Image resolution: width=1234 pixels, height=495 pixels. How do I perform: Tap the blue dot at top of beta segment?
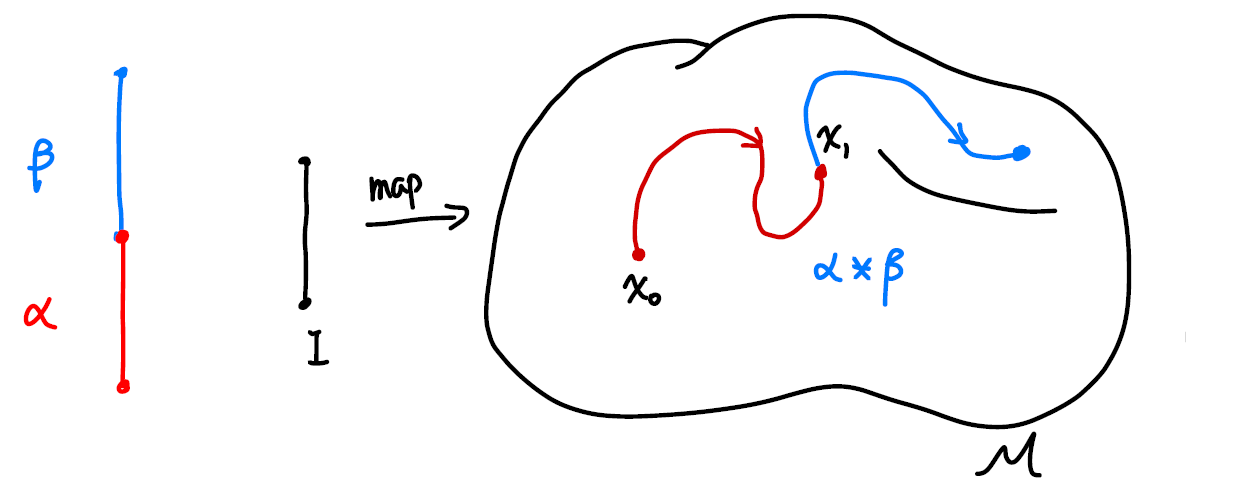click(x=121, y=72)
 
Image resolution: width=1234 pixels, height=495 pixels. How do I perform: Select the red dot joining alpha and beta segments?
click(x=121, y=237)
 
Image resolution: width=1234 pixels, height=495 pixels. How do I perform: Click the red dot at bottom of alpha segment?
click(x=122, y=386)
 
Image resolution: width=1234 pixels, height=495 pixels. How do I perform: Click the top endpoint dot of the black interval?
click(x=304, y=161)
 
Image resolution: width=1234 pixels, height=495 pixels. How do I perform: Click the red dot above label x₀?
click(x=637, y=254)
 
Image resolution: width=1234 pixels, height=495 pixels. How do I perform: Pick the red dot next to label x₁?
click(x=821, y=173)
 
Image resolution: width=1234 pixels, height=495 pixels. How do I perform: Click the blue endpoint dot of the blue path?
click(x=1021, y=153)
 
